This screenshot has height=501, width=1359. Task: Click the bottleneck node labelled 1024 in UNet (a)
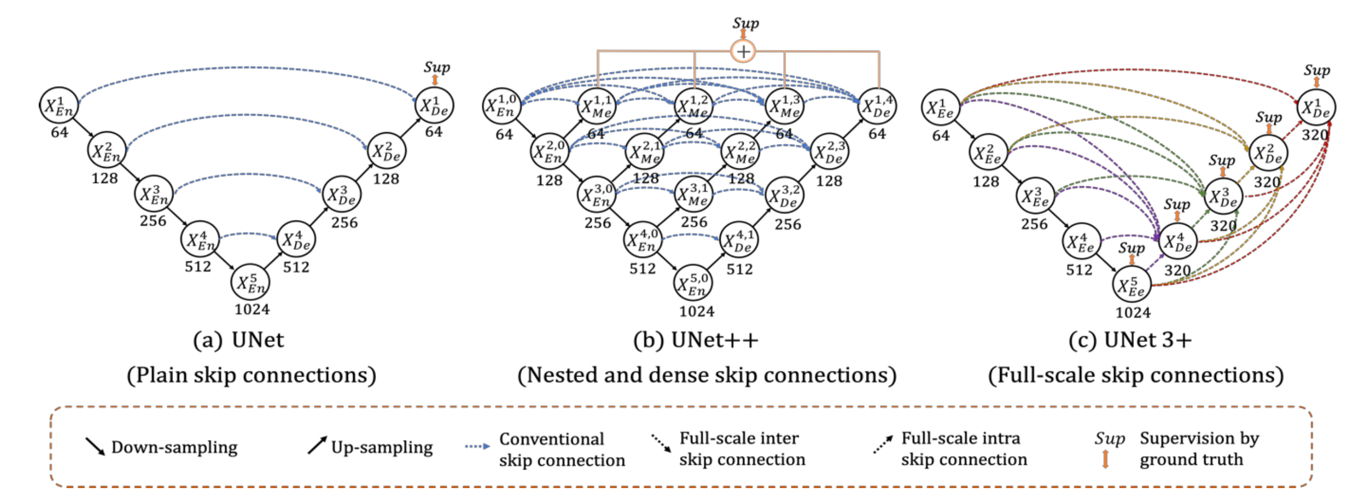[250, 283]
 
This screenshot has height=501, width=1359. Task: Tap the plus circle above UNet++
[743, 52]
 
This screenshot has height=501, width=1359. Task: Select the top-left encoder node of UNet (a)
[58, 105]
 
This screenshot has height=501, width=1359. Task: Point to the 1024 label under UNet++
[697, 311]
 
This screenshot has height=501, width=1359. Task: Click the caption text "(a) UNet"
[239, 340]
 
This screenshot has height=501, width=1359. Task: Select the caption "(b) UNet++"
[696, 340]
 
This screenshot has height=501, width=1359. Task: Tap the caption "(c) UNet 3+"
[1130, 340]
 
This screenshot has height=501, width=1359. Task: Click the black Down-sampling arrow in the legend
[95, 446]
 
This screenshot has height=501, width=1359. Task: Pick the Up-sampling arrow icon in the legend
[317, 445]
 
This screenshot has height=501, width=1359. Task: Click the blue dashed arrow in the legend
[477, 447]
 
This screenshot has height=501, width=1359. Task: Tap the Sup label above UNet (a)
[437, 67]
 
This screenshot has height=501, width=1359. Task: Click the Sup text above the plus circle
[746, 23]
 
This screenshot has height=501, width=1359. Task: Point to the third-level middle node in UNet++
[693, 195]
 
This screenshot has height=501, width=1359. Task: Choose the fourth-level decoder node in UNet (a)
[296, 240]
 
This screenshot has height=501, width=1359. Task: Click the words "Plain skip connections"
[251, 375]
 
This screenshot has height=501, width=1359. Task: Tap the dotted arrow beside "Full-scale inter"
[661, 444]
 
